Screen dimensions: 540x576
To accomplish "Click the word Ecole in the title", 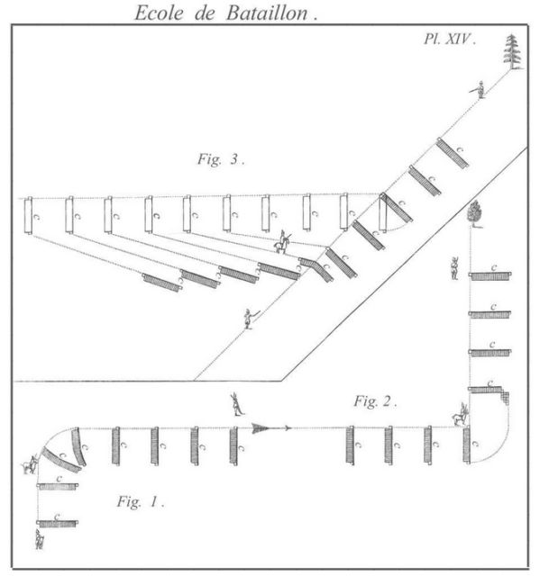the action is (159, 13).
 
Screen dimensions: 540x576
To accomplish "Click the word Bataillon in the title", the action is (267, 13).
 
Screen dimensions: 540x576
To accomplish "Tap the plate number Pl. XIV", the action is (450, 39).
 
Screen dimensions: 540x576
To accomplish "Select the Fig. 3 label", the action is (221, 159).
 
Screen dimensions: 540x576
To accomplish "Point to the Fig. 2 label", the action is (375, 401).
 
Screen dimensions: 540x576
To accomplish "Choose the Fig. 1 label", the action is (140, 501).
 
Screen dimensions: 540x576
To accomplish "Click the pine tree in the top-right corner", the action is (513, 51).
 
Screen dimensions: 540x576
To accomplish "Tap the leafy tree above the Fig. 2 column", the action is (474, 214).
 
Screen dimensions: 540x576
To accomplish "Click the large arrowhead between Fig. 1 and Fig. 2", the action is (261, 428).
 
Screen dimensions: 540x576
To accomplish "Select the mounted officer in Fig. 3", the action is (282, 242).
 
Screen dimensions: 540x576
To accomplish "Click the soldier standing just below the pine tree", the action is (480, 90).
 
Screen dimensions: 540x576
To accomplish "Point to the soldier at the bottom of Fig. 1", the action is (40, 539).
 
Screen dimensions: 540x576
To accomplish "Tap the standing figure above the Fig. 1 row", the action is (237, 404).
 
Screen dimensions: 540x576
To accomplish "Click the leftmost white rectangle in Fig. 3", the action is (28, 215).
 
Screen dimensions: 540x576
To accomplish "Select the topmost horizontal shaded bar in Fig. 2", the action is (490, 275).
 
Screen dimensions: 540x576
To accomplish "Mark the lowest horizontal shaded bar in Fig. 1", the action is (58, 524).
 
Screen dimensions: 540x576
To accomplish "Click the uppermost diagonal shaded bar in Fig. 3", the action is (453, 153).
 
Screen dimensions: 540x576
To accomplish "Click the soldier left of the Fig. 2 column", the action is (455, 268).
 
